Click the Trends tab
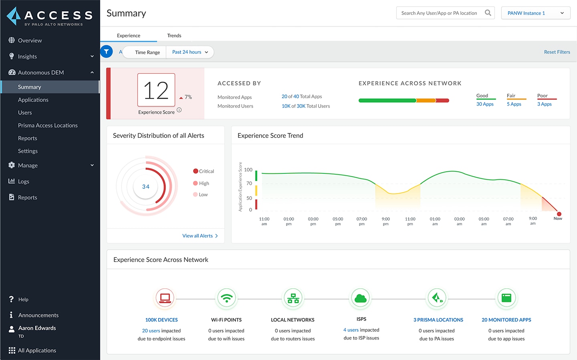pyautogui.click(x=174, y=36)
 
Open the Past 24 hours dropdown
pyautogui.click(x=190, y=52)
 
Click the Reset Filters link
pyautogui.click(x=557, y=52)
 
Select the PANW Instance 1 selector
pyautogui.click(x=535, y=13)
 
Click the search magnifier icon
pyautogui.click(x=488, y=13)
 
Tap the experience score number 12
pyautogui.click(x=156, y=91)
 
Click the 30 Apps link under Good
pyautogui.click(x=484, y=104)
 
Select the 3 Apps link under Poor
pyautogui.click(x=544, y=104)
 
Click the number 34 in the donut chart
pyautogui.click(x=146, y=187)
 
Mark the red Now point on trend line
pyautogui.click(x=559, y=214)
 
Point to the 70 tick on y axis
pyautogui.click(x=249, y=183)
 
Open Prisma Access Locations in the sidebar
pyautogui.click(x=48, y=125)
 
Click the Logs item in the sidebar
pyautogui.click(x=23, y=181)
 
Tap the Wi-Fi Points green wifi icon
pyautogui.click(x=226, y=298)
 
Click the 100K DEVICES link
pyautogui.click(x=161, y=320)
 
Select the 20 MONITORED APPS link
pyautogui.click(x=506, y=320)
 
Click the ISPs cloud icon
pyautogui.click(x=361, y=298)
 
